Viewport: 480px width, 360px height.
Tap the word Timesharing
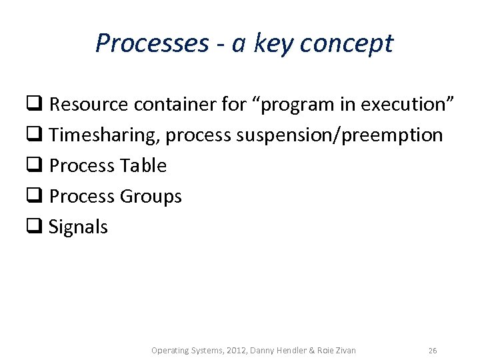(x=104, y=135)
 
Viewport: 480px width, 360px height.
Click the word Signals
(x=78, y=227)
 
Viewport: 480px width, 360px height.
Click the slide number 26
(x=433, y=350)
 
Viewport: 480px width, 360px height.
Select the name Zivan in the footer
(x=344, y=350)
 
